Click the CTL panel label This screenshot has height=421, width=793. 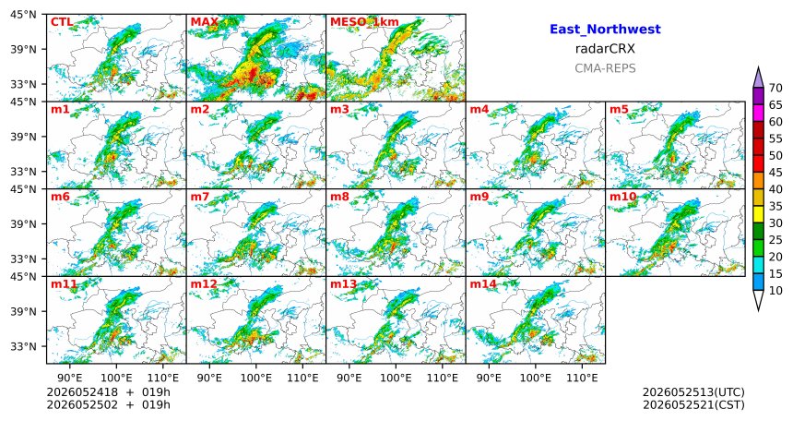click(62, 22)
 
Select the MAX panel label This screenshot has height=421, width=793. click(205, 22)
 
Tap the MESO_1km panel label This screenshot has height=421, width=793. click(364, 22)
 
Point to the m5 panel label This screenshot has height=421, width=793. click(619, 109)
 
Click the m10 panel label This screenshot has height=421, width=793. click(622, 196)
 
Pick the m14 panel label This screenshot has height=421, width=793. click(483, 283)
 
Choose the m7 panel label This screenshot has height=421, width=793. click(200, 196)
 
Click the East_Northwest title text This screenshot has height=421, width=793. click(605, 30)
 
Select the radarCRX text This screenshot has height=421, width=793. click(605, 49)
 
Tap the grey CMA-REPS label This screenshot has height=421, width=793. click(605, 68)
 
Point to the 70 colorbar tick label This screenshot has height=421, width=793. click(775, 88)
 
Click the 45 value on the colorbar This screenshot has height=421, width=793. click(775, 173)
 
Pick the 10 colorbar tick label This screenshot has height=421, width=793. click(775, 290)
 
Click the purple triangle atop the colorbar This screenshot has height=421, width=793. click(758, 78)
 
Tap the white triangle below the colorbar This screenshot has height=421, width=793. click(758, 299)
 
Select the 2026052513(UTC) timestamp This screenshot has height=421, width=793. click(693, 392)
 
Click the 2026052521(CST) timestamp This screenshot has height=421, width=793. click(693, 405)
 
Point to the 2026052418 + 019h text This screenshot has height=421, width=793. click(108, 392)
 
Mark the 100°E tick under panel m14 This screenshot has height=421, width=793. click(536, 378)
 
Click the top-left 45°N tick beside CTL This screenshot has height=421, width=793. click(23, 15)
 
